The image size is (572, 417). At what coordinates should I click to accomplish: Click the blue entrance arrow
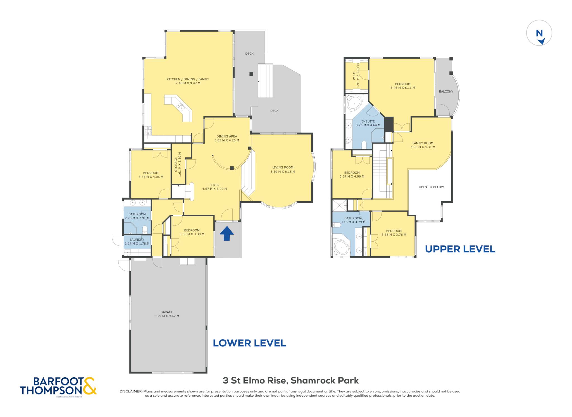coord(227,233)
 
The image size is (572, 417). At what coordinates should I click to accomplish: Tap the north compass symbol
coord(539,33)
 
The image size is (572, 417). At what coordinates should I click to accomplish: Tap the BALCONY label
coord(446,92)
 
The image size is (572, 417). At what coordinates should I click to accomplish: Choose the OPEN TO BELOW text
coord(431,187)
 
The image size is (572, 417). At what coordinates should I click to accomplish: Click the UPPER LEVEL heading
coord(460,249)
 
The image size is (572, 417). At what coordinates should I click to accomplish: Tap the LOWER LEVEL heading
coord(249,343)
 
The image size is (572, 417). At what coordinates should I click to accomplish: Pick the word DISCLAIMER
coord(131,392)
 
